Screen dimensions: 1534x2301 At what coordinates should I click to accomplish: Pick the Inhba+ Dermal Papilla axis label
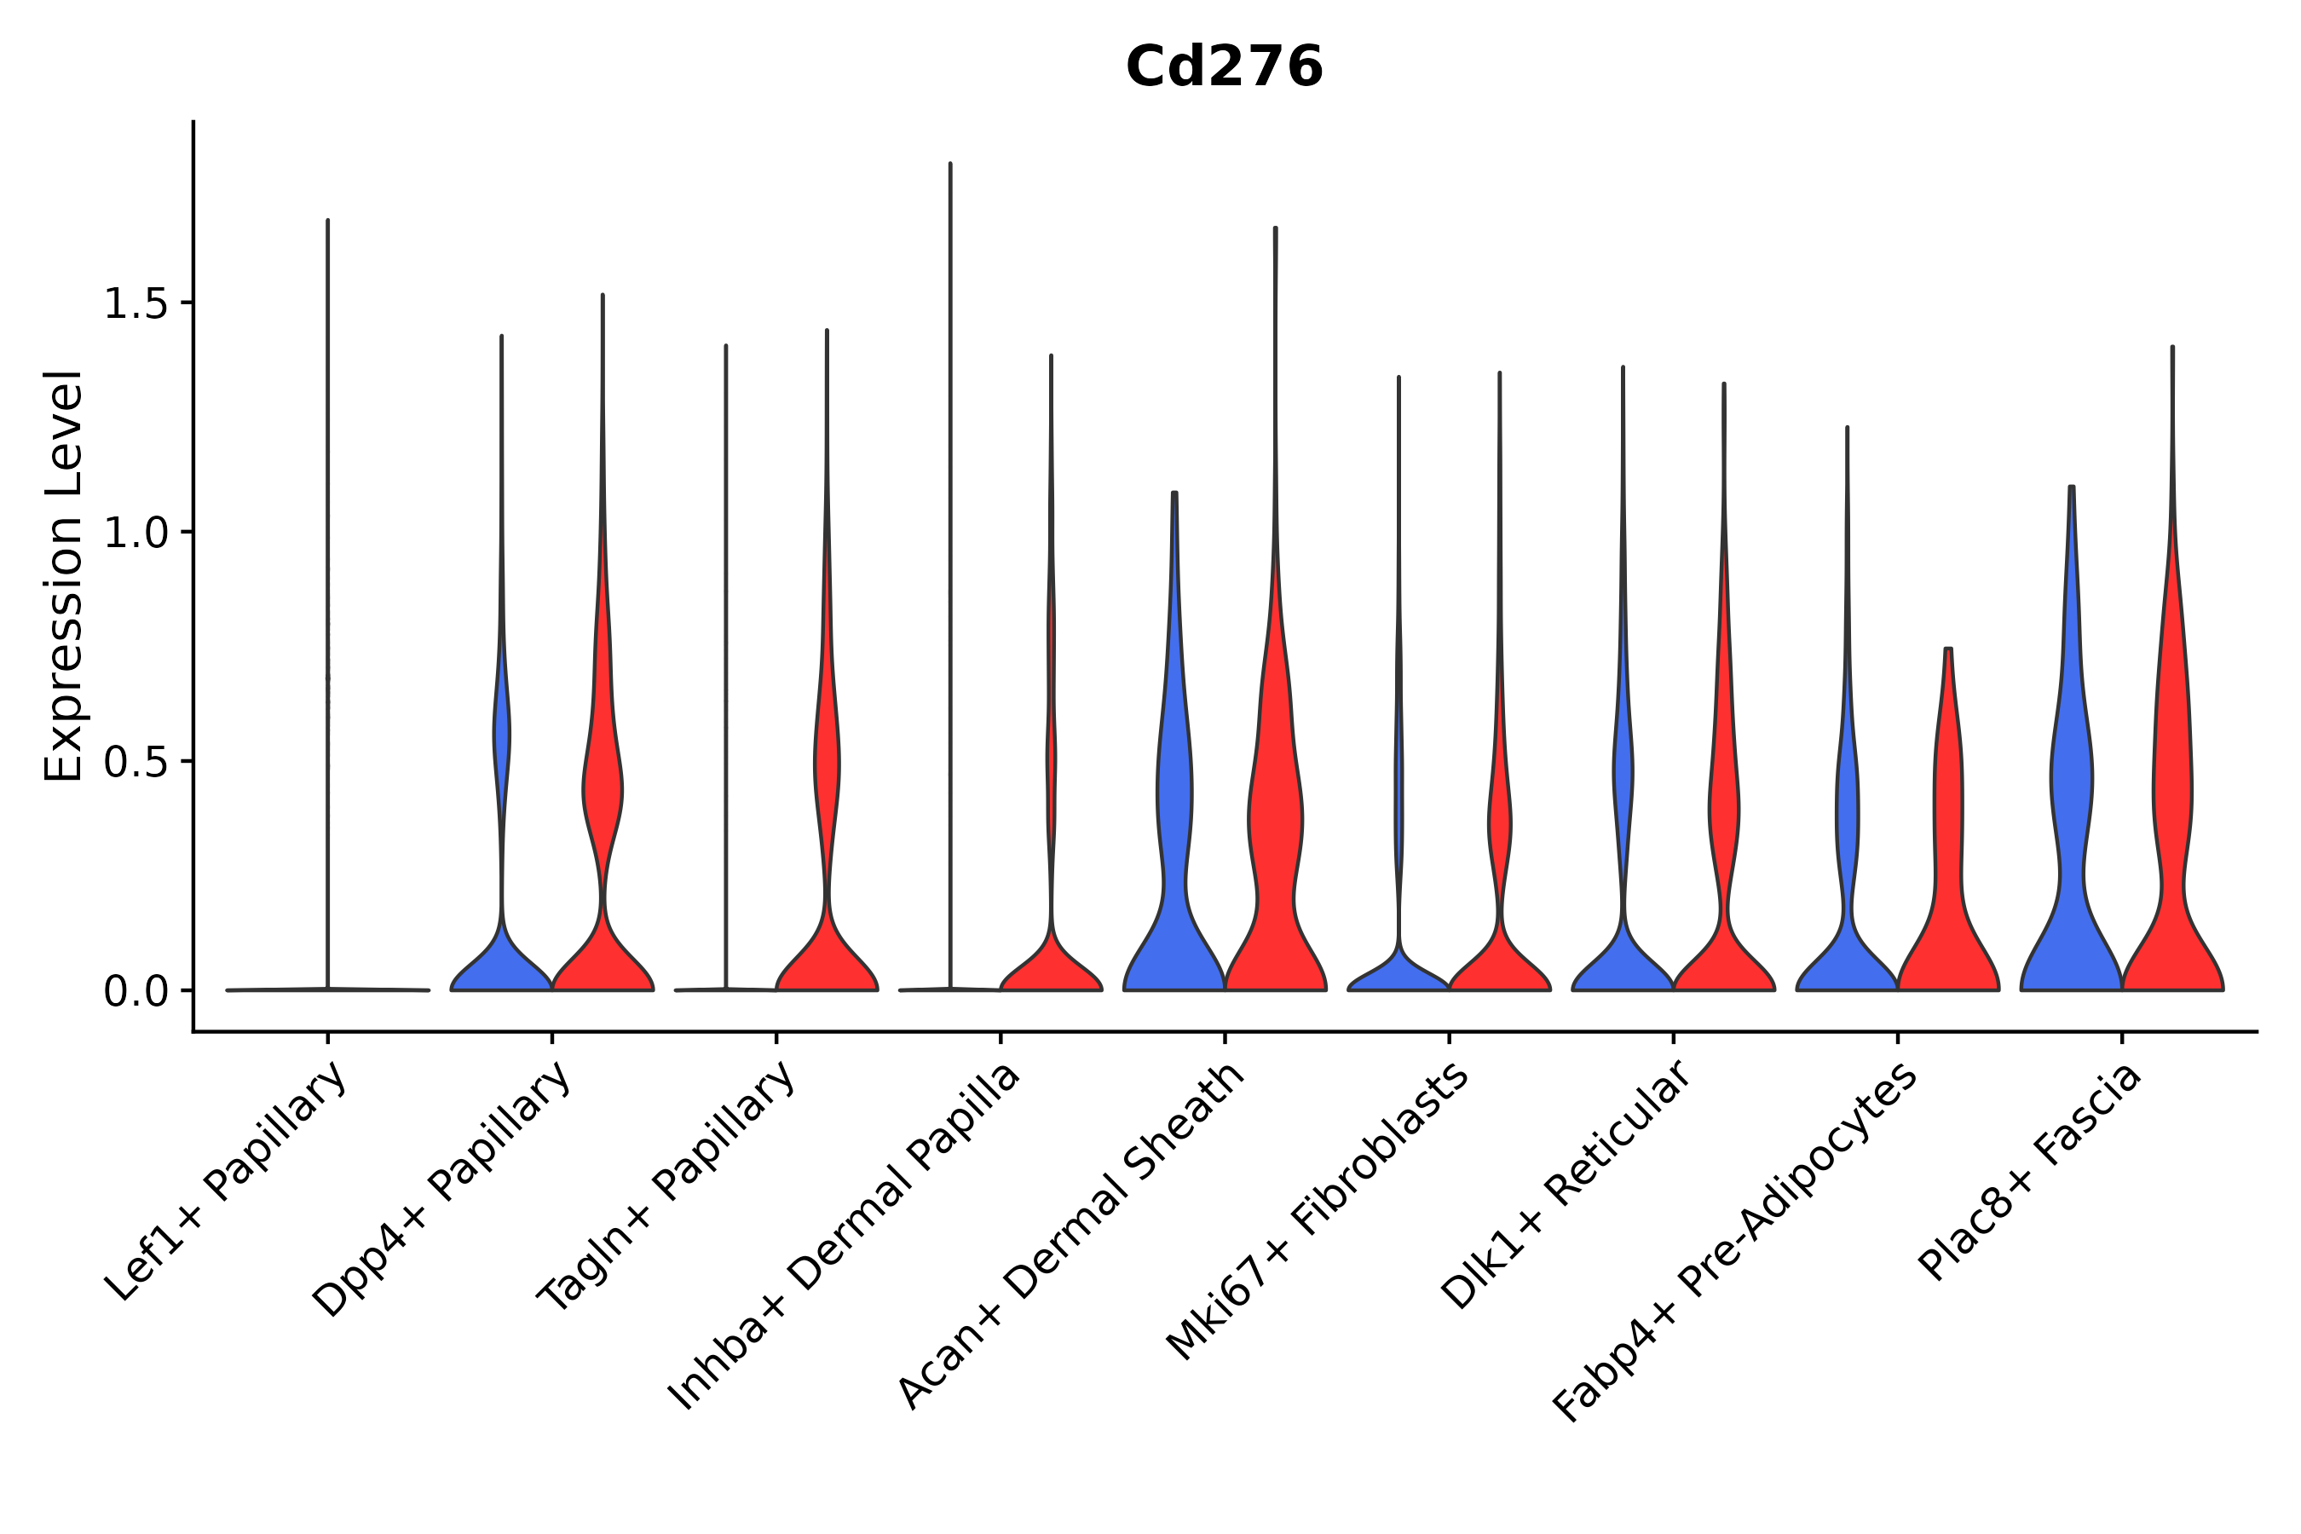click(x=845, y=1237)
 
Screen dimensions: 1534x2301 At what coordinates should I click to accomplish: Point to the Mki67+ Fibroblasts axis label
click(x=1317, y=1213)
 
